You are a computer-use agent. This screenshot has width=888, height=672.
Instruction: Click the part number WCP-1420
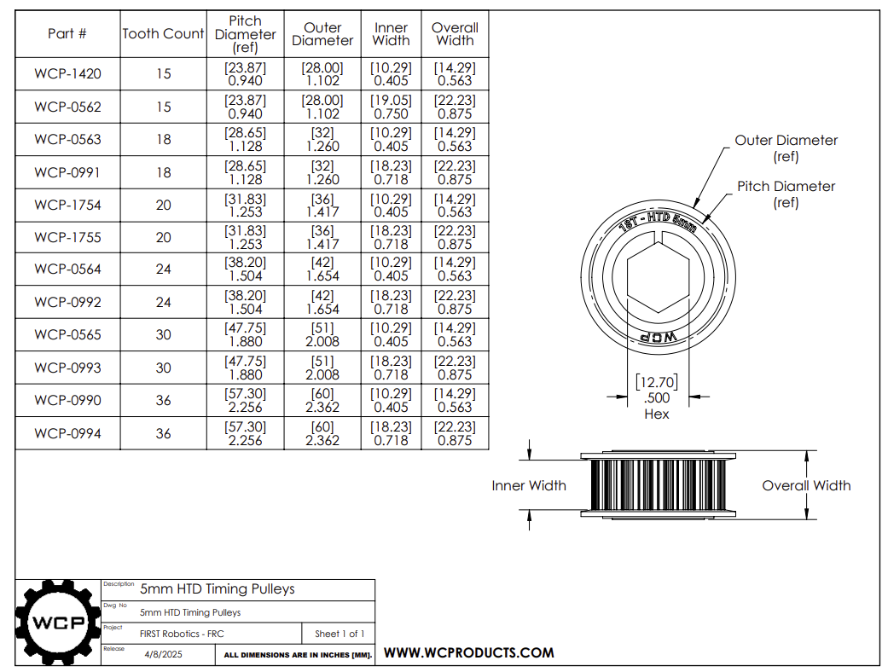(67, 74)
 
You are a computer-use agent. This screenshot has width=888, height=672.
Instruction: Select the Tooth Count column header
(163, 34)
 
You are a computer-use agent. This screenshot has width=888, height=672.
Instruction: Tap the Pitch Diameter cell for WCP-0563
(245, 140)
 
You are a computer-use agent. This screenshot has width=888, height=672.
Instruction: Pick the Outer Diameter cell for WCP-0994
(322, 433)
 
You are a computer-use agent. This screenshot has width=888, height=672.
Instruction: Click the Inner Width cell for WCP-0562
(391, 107)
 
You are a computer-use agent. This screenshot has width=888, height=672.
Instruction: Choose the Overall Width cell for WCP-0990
(455, 401)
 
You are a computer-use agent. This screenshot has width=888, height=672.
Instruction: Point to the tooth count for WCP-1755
(163, 238)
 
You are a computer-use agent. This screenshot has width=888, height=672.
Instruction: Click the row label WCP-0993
(67, 368)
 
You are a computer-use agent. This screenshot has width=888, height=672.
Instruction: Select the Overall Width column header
(455, 34)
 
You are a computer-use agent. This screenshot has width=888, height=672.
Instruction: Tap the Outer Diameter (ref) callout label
(786, 148)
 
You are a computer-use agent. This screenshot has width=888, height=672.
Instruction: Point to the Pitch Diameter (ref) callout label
(786, 194)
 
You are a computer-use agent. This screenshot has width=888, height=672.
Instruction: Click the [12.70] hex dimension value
(655, 381)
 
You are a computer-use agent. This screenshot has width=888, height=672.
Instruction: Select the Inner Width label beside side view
(529, 485)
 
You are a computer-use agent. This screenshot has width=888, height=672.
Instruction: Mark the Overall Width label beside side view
(806, 485)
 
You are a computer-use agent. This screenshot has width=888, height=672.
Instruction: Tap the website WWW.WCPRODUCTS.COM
(468, 653)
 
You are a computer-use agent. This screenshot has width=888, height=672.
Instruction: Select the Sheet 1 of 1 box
(339, 634)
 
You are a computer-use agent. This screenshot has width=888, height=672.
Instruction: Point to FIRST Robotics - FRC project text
(182, 634)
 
